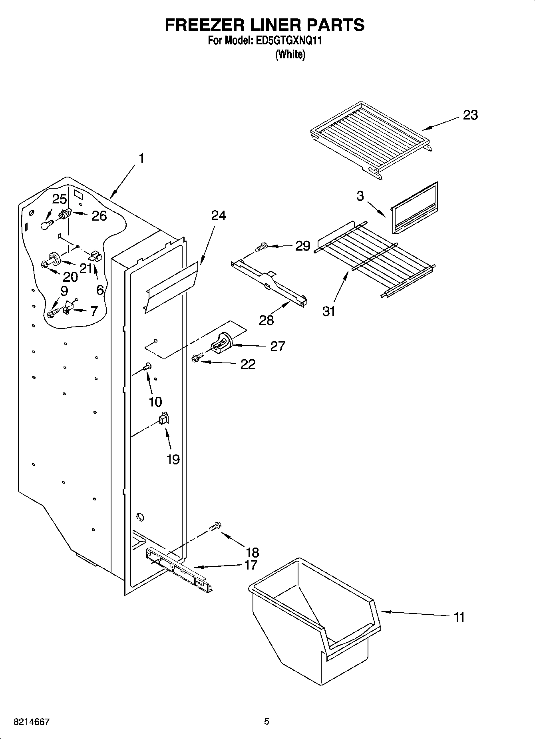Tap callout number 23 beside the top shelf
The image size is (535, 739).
[x=470, y=116]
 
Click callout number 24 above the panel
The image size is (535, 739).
[x=219, y=216]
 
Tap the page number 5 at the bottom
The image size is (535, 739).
[x=267, y=721]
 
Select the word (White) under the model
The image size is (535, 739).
[x=290, y=54]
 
